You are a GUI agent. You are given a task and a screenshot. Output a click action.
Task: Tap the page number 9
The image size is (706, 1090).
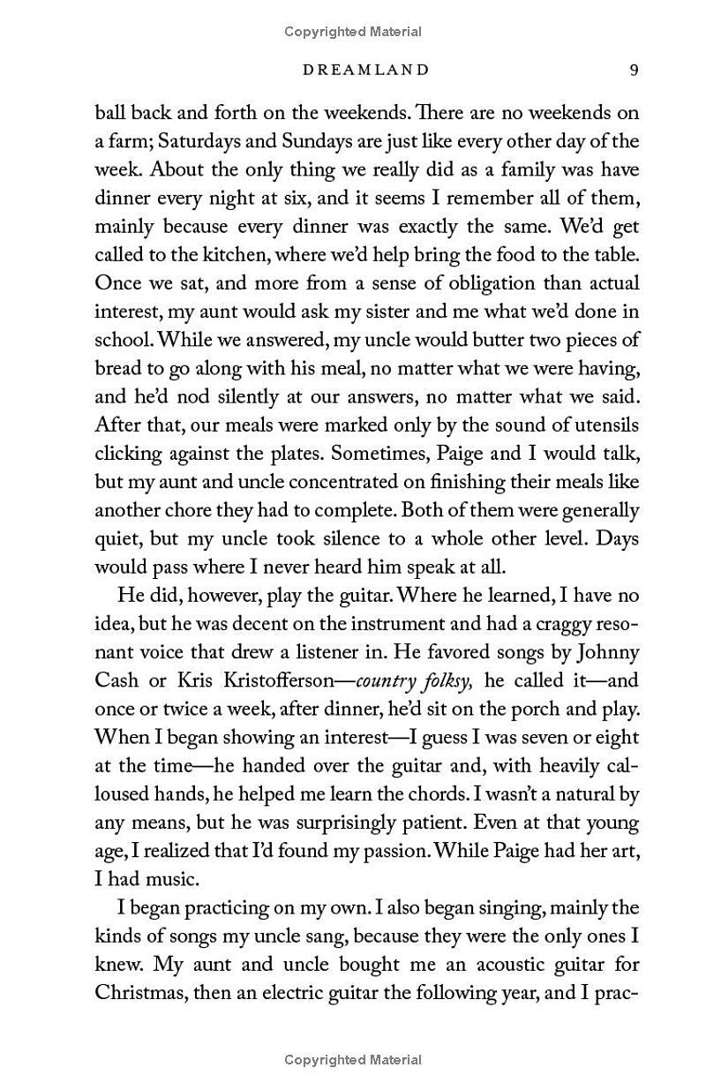[634, 70]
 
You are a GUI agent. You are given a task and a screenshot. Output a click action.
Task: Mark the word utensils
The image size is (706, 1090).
[607, 425]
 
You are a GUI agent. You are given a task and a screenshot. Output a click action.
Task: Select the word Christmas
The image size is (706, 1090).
[139, 992]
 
